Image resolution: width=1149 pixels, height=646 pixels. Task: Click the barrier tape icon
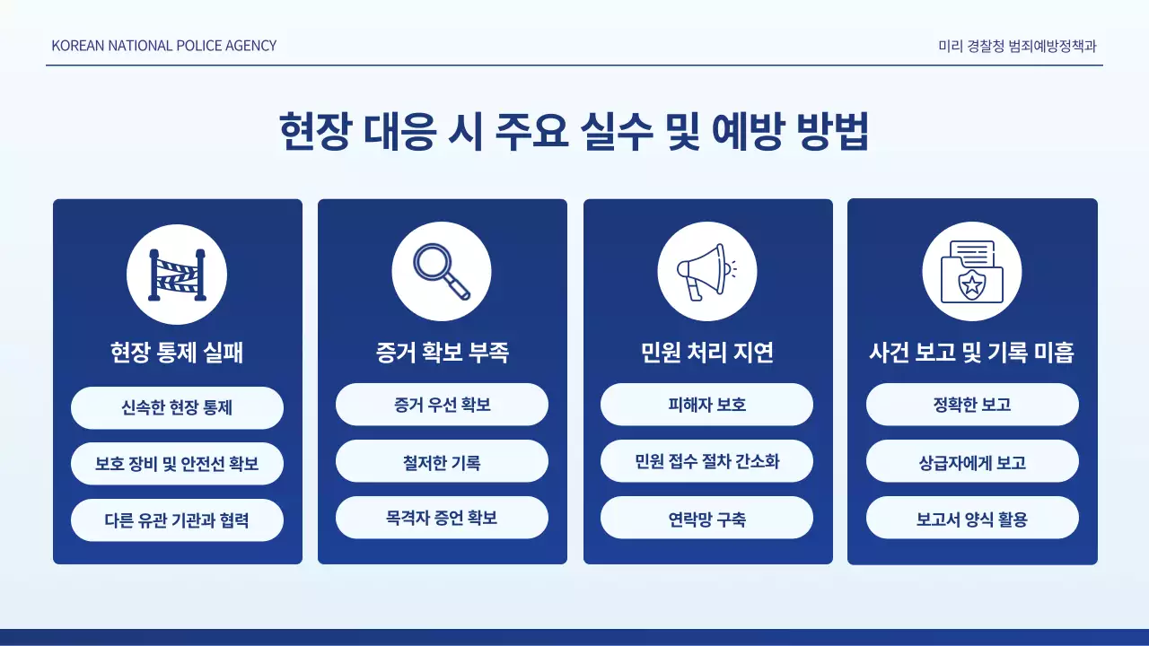coord(177,274)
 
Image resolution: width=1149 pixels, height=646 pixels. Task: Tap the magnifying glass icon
coord(442,271)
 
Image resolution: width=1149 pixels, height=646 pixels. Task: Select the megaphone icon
coord(706,271)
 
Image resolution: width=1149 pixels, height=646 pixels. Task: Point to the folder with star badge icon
coord(971,271)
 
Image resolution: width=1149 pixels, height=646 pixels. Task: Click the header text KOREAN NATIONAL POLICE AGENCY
coord(164,45)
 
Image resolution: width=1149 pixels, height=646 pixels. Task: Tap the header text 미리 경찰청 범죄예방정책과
coord(1017,45)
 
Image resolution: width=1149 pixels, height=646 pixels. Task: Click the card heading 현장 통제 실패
coord(177,353)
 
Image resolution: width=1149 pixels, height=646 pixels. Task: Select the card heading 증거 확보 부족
coord(442,353)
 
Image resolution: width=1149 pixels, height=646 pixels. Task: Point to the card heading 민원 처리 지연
coord(706,353)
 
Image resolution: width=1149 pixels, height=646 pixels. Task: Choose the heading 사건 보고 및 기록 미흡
coord(971,353)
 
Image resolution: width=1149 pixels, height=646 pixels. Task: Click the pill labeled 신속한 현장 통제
coord(177,407)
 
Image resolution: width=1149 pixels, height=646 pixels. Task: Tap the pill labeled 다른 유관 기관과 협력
coord(177,520)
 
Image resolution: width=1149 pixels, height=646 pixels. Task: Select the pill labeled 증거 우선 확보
coord(442,405)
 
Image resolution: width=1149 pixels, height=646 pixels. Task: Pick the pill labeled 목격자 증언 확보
coord(442,518)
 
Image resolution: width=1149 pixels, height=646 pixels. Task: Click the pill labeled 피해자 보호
coord(706,405)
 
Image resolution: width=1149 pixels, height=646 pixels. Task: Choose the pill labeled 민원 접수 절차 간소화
coord(706,461)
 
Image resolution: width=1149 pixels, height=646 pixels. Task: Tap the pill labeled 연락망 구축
coord(706,518)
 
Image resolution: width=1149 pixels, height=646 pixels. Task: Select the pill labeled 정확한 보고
coord(971,405)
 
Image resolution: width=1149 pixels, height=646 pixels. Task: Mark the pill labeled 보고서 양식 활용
coord(971,518)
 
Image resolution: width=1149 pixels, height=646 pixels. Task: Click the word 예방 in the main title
coord(750,133)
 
